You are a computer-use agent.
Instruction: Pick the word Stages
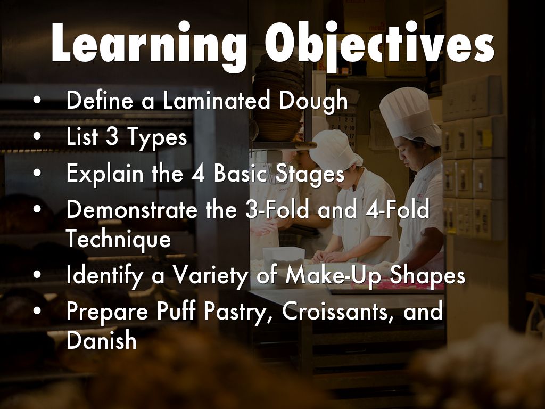(310, 175)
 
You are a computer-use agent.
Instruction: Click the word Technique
(118, 240)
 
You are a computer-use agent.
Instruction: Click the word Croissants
(338, 312)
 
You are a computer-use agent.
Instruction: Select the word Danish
(101, 341)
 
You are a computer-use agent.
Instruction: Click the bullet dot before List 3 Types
(37, 137)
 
